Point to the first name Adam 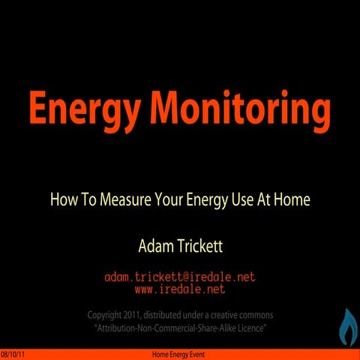154,245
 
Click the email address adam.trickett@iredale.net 180,277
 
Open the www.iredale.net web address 180,288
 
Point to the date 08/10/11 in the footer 13,354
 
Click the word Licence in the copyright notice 251,328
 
